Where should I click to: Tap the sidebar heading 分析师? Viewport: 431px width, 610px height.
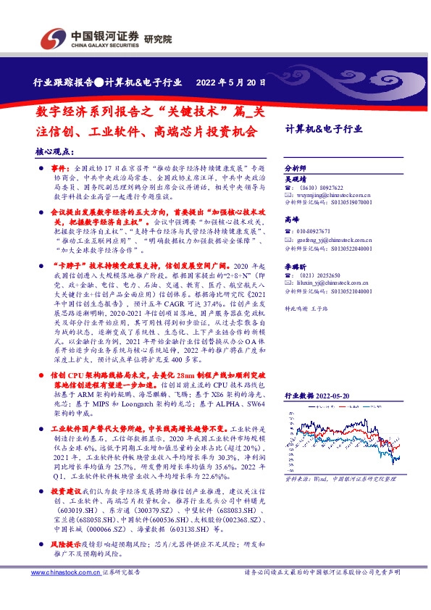tap(293, 167)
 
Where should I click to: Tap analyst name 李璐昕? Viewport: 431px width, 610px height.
tap(296, 267)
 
